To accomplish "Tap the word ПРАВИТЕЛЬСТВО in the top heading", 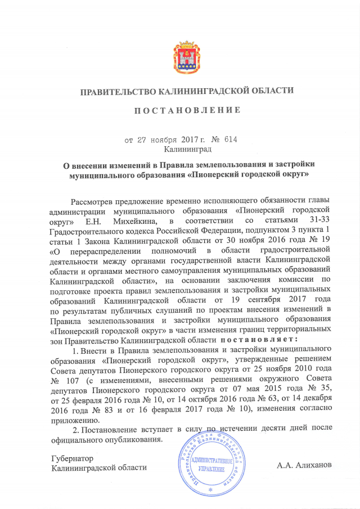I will coord(118,91).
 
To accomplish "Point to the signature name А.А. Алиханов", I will coord(304,465).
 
